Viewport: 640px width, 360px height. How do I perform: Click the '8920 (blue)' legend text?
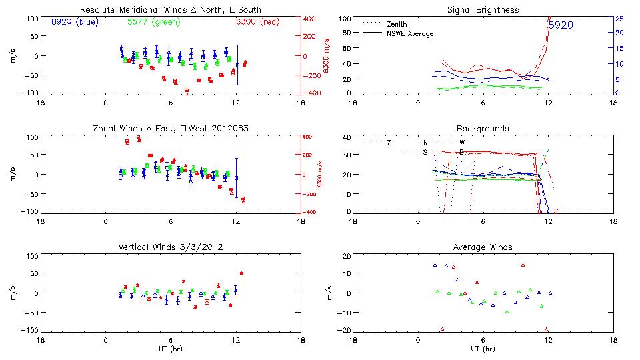click(x=75, y=21)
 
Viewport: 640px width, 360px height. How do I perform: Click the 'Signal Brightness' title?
click(x=483, y=10)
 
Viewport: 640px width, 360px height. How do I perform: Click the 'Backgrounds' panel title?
click(x=483, y=128)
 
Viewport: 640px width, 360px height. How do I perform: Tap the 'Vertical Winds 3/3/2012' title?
click(x=170, y=247)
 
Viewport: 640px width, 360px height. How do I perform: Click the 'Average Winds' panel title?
click(x=483, y=247)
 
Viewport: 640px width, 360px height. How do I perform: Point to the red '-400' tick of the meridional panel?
click(x=312, y=93)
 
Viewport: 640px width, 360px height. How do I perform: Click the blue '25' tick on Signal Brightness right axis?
click(x=619, y=19)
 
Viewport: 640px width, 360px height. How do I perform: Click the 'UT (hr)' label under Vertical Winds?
click(x=170, y=349)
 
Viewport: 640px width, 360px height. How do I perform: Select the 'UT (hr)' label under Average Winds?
click(x=483, y=349)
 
